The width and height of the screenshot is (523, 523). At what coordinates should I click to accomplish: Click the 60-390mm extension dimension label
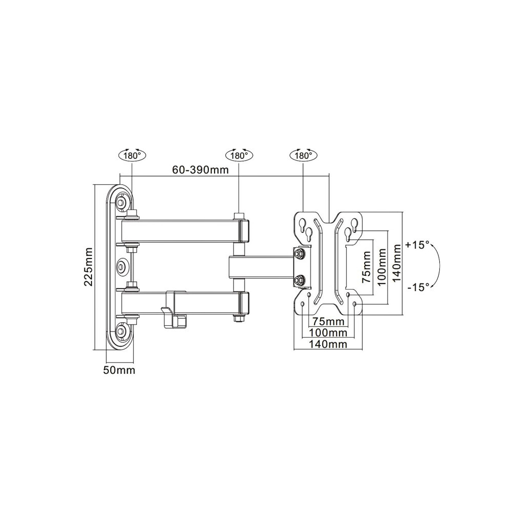click(200, 170)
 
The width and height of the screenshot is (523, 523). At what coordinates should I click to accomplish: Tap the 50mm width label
click(120, 370)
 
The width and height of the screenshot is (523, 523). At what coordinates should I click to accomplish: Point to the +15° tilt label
click(418, 245)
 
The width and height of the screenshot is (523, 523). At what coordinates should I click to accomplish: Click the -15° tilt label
click(418, 287)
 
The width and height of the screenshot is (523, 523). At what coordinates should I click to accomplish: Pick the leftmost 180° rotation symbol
click(132, 155)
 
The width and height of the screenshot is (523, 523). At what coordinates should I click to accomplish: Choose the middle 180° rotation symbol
click(239, 155)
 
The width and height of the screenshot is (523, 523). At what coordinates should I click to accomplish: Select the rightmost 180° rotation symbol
click(303, 155)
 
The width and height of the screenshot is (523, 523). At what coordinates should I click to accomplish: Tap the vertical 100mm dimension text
click(381, 268)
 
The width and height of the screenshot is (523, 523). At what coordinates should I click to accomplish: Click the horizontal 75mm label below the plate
click(328, 322)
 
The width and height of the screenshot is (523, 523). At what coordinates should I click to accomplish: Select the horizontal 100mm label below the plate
click(328, 333)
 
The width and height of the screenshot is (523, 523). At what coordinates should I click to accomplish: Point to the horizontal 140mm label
click(328, 344)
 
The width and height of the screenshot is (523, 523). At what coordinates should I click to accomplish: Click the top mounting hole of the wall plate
click(121, 202)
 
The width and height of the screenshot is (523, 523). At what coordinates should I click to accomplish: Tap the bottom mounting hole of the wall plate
click(121, 331)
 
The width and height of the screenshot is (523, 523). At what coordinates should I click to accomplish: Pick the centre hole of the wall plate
click(121, 266)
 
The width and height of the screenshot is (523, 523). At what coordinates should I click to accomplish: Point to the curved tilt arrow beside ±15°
click(437, 266)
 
